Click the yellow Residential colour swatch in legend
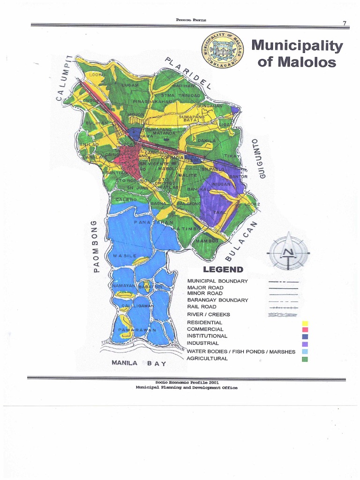pos(305,323)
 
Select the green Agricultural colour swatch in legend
pos(305,359)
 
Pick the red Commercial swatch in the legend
pos(305,330)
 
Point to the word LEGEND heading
pos(223,270)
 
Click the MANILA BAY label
pos(136,363)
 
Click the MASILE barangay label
pos(124,256)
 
